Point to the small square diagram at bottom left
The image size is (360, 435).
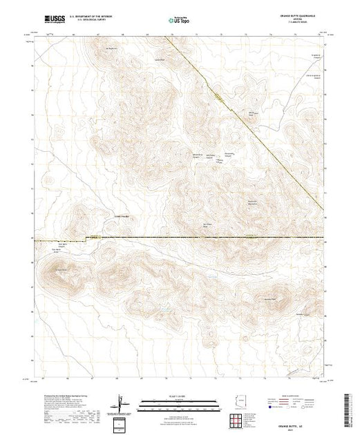click(121, 423)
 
